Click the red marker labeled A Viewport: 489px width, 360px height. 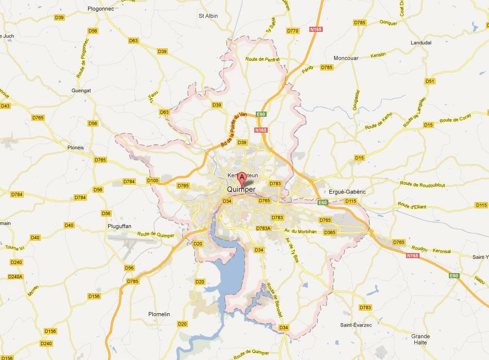242,178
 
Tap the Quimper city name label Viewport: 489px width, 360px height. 241,190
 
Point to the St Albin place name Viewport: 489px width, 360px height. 208,16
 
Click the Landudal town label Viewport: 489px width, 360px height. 421,43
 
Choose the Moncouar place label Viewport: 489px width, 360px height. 346,58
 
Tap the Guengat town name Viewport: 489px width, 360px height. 81,91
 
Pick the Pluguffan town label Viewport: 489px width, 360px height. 121,225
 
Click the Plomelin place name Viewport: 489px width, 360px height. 159,314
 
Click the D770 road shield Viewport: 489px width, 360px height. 292,31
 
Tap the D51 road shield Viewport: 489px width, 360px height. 430,81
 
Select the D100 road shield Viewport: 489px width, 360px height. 153,181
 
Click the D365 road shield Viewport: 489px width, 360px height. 329,232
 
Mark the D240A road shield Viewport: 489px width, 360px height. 15,277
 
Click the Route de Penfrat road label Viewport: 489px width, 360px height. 263,59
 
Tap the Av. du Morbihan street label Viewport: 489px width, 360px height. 301,231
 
